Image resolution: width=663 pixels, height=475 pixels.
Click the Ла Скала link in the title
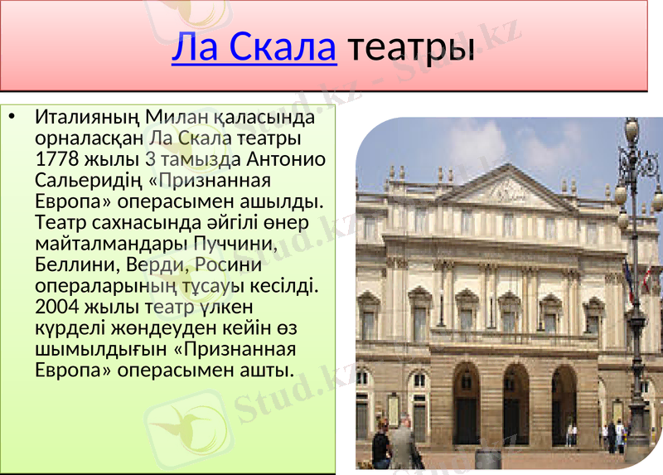[254, 48]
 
